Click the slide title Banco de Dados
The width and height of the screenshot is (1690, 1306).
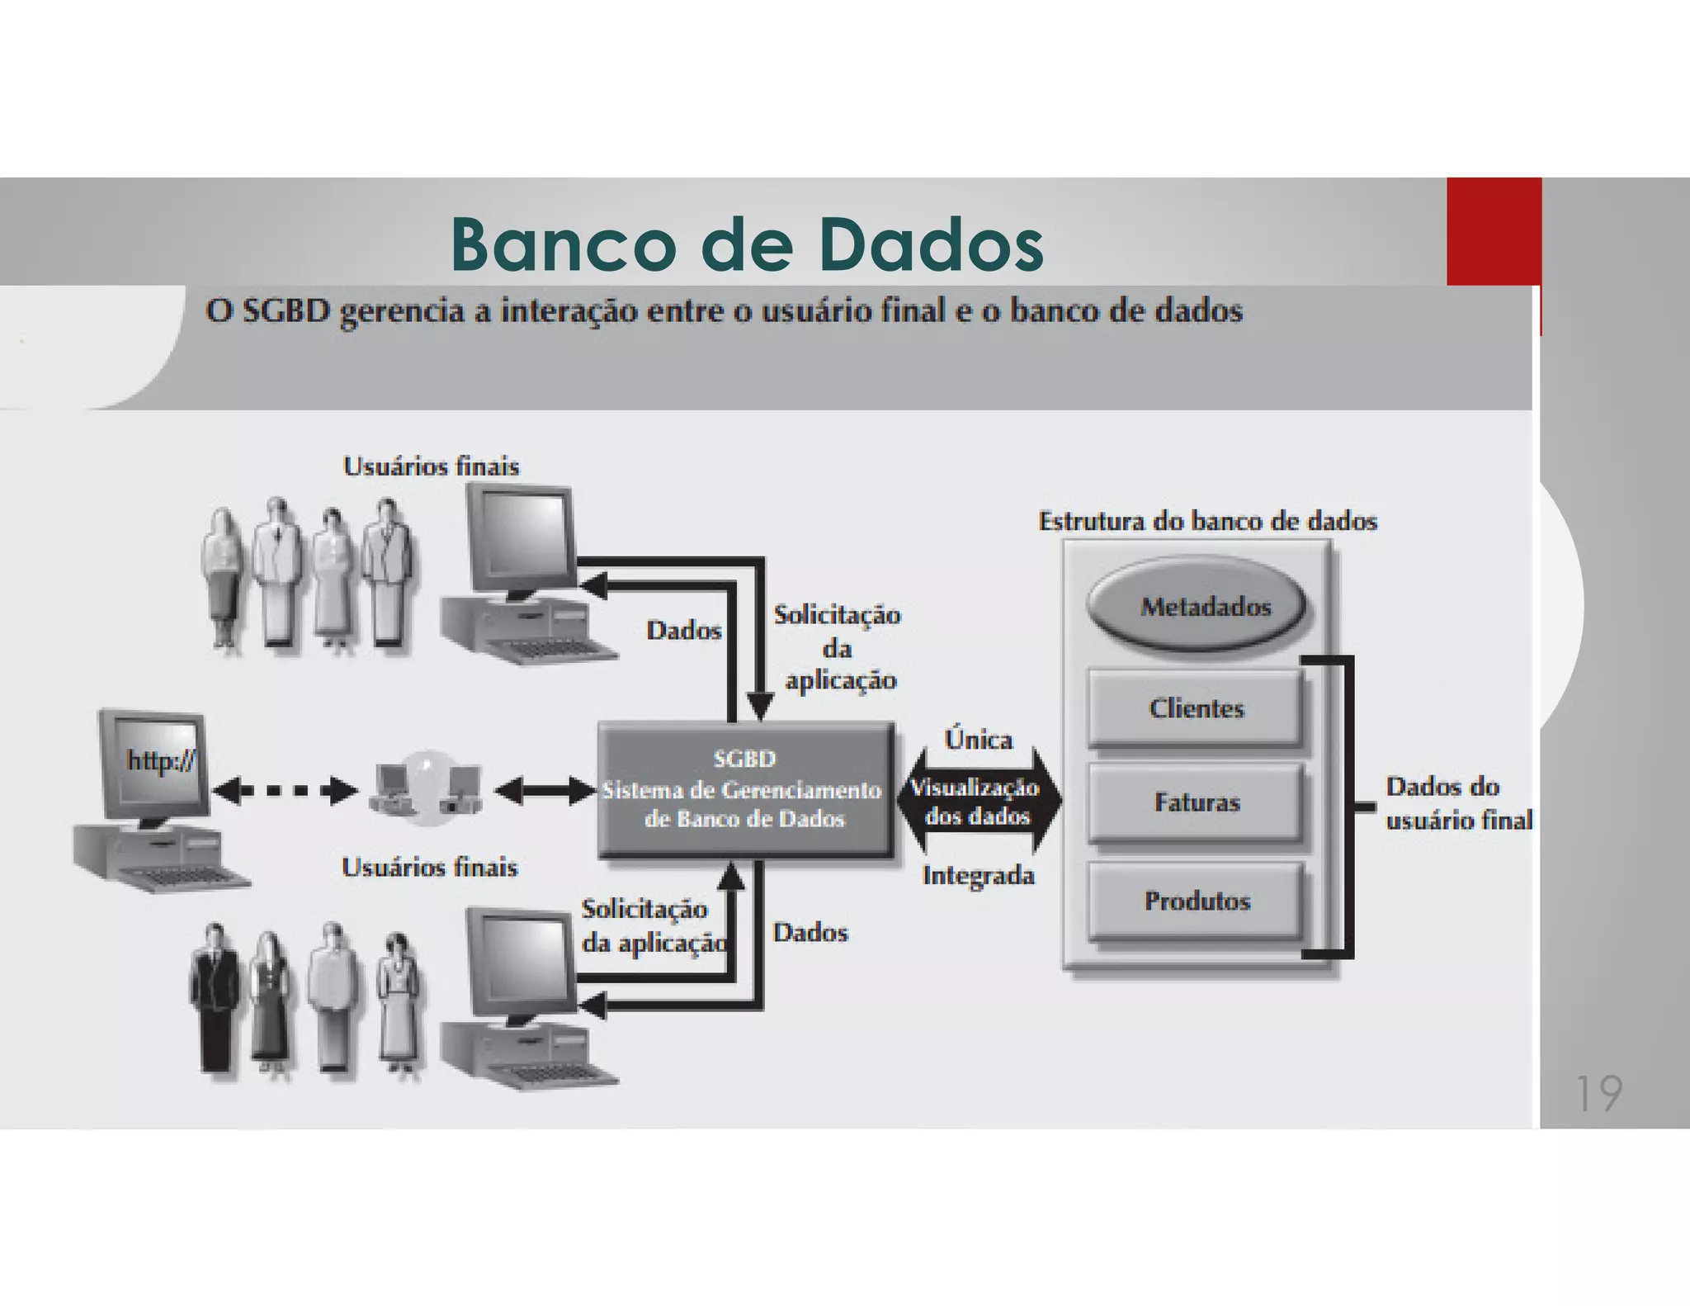coord(747,245)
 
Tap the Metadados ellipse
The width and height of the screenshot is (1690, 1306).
coord(1197,607)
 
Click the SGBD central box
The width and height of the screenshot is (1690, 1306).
coord(745,789)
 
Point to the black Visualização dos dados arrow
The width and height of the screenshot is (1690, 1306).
coord(978,801)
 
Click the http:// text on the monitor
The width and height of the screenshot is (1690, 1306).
coord(160,759)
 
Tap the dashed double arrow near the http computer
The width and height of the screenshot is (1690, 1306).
coord(285,791)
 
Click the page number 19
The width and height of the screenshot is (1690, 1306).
coord(1598,1094)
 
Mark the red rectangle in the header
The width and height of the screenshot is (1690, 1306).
coord(1494,231)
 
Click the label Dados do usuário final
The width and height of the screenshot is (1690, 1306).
coord(1457,803)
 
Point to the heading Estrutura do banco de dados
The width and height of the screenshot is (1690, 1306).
coord(1207,522)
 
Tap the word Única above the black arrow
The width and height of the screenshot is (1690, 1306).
coord(978,740)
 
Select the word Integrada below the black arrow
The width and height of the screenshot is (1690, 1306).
coord(978,875)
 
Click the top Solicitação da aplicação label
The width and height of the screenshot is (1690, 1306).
coord(837,647)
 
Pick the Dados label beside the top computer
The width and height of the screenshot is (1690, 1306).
coord(683,631)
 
